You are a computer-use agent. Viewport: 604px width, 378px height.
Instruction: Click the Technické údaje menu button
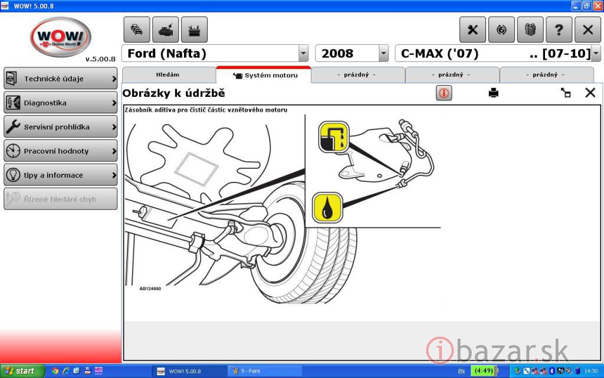(x=61, y=79)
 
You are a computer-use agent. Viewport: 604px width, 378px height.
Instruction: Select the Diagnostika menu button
(x=61, y=103)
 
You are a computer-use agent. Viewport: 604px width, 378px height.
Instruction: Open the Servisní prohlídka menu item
(x=61, y=126)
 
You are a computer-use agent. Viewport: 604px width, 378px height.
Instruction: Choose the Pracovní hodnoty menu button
(x=61, y=151)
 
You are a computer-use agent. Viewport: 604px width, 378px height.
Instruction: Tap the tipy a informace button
(x=61, y=175)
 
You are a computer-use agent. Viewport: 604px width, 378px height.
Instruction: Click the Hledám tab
(x=168, y=75)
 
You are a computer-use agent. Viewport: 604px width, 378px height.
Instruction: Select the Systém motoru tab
(x=264, y=75)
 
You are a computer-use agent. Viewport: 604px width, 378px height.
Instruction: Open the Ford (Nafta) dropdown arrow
(x=303, y=53)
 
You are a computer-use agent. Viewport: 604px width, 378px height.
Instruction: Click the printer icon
(x=494, y=93)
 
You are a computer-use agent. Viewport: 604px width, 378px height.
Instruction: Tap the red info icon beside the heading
(x=444, y=93)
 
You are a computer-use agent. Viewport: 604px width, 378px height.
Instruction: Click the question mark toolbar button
(x=559, y=30)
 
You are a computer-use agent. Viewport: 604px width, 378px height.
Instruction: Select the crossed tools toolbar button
(x=472, y=30)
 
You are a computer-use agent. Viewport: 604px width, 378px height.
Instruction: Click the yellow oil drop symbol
(x=327, y=208)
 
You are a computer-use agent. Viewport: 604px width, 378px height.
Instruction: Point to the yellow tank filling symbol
(x=334, y=137)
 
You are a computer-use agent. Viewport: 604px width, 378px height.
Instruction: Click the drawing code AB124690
(x=150, y=288)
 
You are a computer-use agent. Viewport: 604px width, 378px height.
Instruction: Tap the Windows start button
(x=22, y=371)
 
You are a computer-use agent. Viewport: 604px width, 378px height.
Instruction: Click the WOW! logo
(x=61, y=37)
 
